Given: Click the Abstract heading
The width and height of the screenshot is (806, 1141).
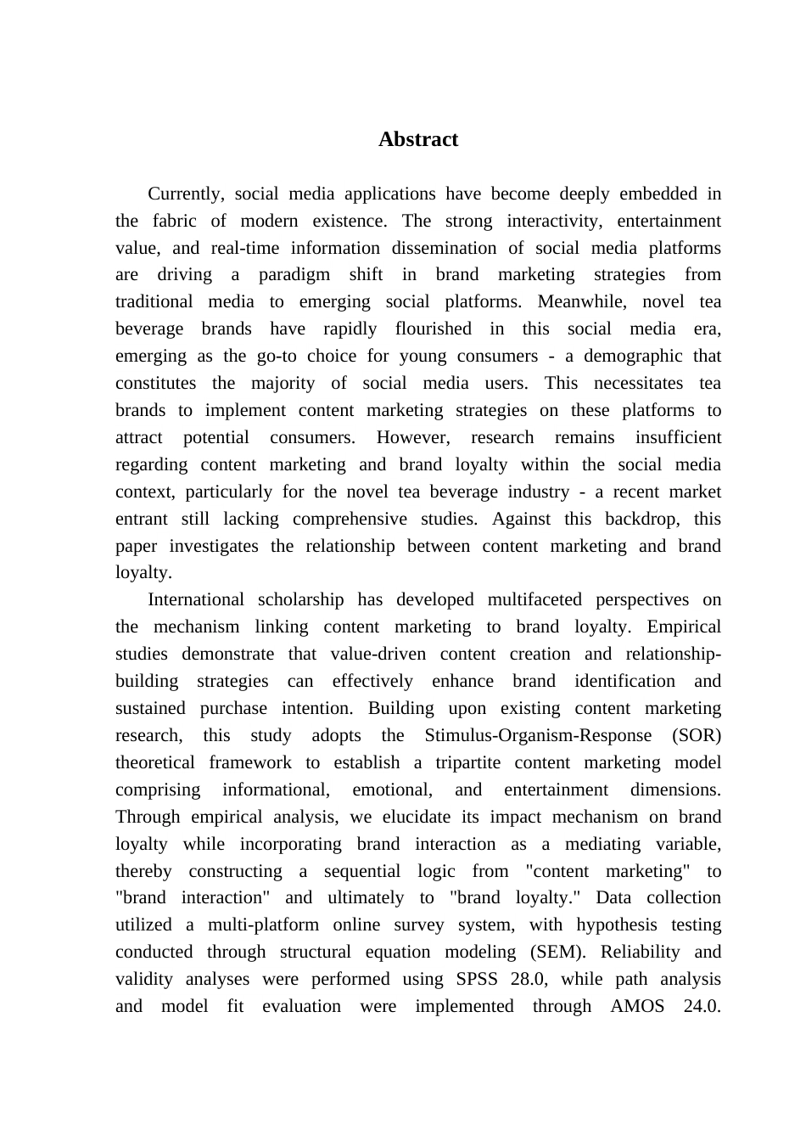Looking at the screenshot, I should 417,139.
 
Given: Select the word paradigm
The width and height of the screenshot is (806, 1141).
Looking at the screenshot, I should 294,274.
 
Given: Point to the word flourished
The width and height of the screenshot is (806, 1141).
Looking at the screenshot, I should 433,329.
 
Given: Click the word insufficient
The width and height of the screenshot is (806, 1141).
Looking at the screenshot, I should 678,437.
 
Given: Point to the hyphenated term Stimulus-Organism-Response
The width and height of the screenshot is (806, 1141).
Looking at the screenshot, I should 538,735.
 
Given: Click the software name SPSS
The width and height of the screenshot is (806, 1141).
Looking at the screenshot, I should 477,979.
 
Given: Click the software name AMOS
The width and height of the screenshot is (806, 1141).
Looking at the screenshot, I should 637,1006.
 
